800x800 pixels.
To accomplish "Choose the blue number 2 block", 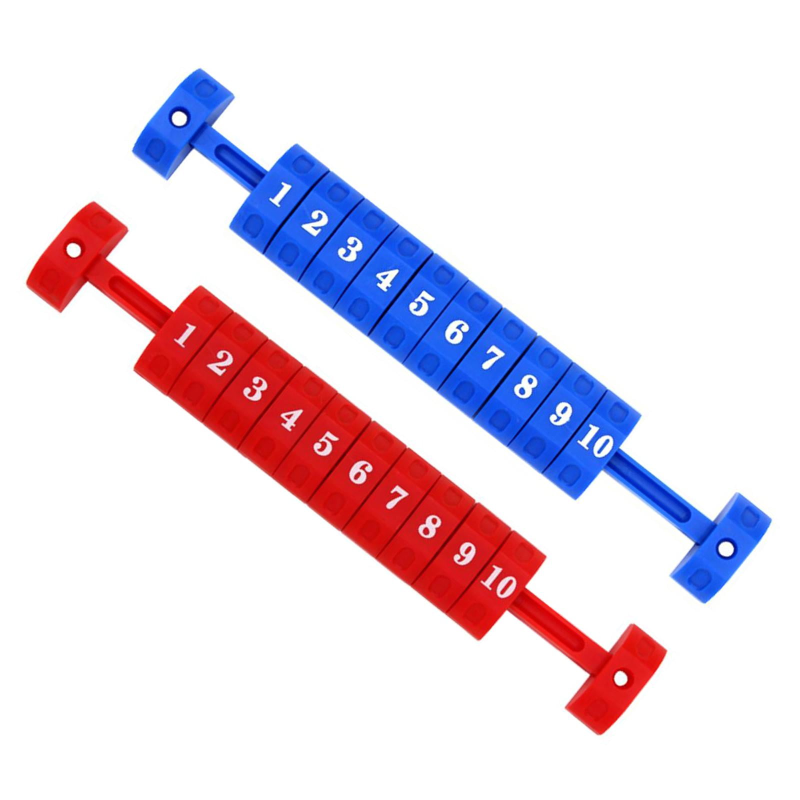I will pos(312,222).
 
